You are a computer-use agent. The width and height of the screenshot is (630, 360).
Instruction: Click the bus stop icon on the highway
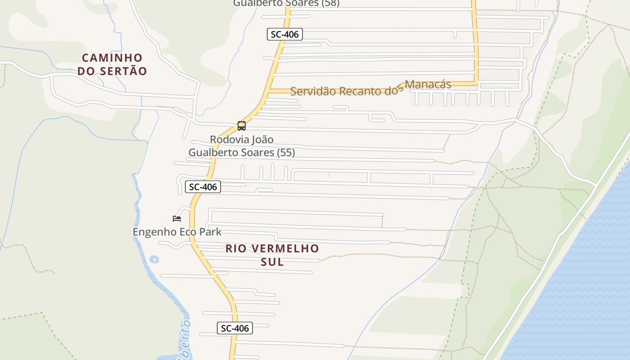242,126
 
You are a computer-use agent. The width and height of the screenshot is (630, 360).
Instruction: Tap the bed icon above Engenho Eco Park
177,219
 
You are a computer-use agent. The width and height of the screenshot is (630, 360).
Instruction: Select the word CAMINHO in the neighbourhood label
112,58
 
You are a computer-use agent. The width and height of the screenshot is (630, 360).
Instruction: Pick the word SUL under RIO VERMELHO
272,261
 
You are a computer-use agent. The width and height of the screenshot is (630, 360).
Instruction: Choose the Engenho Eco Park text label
177,232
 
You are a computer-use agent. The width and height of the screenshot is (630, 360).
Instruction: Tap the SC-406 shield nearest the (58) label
284,34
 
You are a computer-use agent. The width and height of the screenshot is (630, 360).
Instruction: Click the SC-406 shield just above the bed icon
203,187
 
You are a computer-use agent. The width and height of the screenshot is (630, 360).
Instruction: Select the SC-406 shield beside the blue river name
234,328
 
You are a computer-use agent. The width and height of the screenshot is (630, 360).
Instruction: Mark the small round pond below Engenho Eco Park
154,259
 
